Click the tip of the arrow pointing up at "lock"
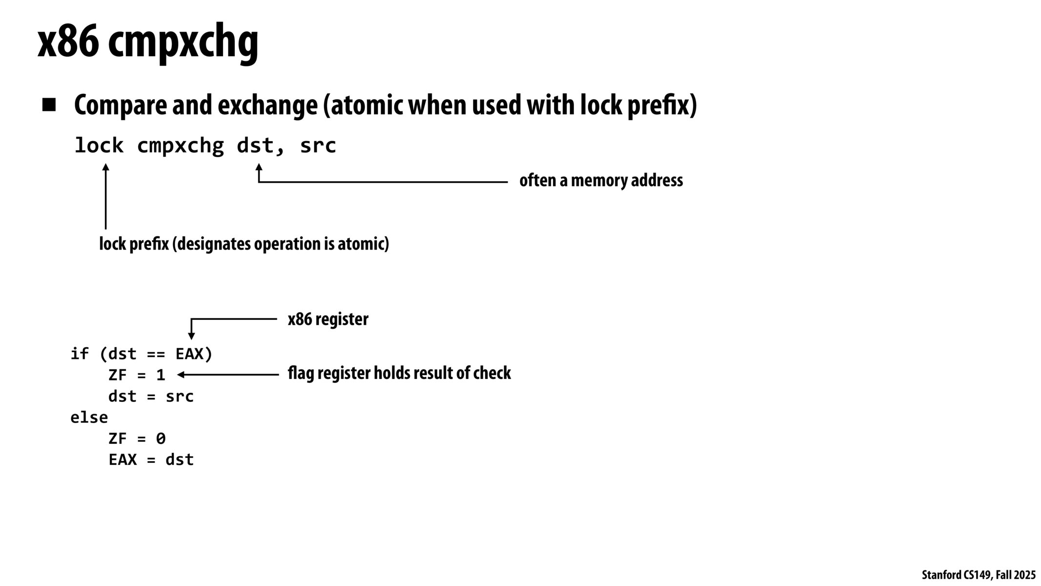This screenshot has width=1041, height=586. [x=105, y=164]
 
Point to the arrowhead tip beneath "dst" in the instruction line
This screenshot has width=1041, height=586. [x=259, y=164]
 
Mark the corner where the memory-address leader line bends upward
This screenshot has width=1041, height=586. [x=259, y=182]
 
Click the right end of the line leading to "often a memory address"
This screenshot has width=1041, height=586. [x=508, y=182]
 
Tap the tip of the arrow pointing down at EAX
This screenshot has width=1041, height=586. [x=191, y=339]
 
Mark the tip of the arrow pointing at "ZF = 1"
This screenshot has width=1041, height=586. [x=177, y=375]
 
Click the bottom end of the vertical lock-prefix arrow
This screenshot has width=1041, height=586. [x=105, y=229]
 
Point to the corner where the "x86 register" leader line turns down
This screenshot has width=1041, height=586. [x=191, y=319]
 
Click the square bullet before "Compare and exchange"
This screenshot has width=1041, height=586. [x=49, y=105]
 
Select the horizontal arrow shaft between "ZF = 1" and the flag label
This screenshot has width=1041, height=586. [x=228, y=375]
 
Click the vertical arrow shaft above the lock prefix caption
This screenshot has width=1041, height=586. [x=105, y=197]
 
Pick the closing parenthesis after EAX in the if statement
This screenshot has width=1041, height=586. [x=208, y=354]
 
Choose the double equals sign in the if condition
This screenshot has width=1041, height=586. [x=156, y=354]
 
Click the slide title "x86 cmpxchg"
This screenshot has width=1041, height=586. [x=148, y=42]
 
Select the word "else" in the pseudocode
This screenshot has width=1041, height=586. [x=89, y=418]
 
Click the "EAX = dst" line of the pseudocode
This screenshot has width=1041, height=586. [x=151, y=460]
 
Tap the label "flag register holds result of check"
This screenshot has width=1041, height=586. [x=399, y=373]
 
